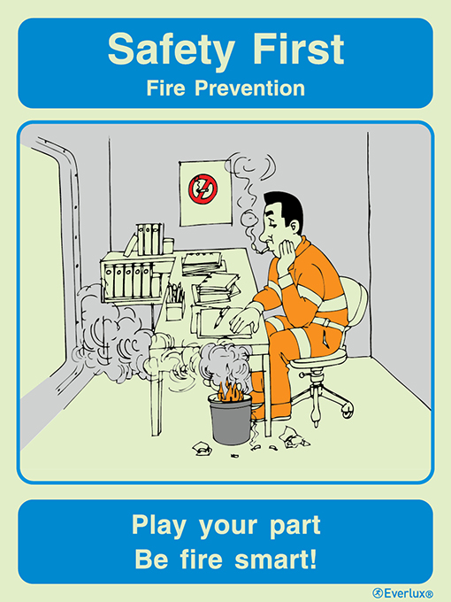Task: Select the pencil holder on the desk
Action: pos(174,301)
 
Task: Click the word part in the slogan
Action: pos(296,527)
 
